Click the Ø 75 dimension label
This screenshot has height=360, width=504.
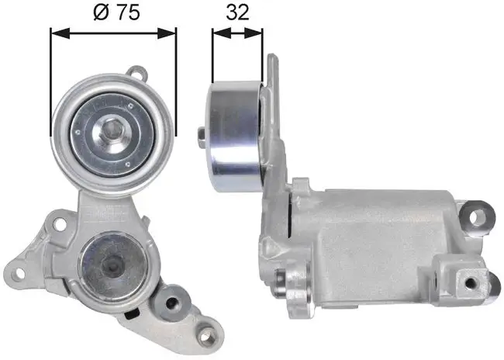(x=116, y=12)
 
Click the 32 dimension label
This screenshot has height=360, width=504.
(x=237, y=12)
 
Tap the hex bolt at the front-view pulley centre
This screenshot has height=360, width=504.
(x=112, y=130)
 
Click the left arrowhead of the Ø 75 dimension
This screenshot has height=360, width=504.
(x=60, y=33)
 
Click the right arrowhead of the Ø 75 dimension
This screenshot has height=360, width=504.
(x=167, y=33)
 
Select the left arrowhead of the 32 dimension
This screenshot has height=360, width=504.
(x=222, y=33)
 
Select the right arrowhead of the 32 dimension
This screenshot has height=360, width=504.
(x=254, y=33)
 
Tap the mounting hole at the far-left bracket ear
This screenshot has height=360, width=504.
(x=18, y=273)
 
